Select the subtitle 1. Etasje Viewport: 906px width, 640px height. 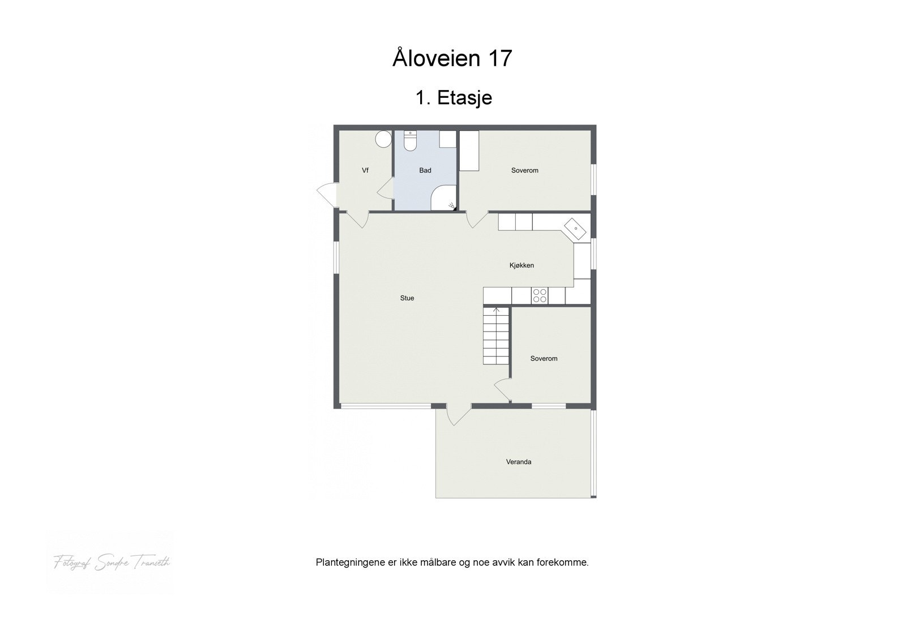coord(454,97)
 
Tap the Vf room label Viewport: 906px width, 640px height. coord(365,170)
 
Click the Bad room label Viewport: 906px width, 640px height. coord(425,170)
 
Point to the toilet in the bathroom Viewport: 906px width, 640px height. coord(410,141)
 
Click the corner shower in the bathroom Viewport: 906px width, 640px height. coord(445,198)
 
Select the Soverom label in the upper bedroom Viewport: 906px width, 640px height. coord(524,170)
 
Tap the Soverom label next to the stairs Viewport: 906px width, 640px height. coord(544,358)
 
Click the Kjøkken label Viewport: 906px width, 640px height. coord(522,265)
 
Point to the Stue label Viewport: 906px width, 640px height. coord(407,298)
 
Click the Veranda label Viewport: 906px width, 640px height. coord(518,462)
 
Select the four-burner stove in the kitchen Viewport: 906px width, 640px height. coord(540,295)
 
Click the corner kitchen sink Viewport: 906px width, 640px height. coord(576,229)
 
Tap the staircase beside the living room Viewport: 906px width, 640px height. coord(496,337)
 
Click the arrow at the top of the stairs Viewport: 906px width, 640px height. coord(496,310)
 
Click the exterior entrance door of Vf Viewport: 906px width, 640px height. coord(327,195)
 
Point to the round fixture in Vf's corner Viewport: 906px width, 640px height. coord(383,139)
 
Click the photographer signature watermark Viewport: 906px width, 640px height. coord(112,562)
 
